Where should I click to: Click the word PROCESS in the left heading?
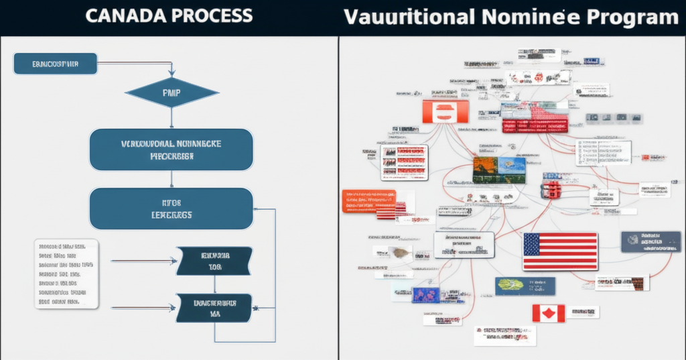coord(207,17)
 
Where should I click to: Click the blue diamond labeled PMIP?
coord(171,93)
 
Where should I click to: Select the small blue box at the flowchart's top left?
coord(55,64)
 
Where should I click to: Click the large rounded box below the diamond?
coord(171,149)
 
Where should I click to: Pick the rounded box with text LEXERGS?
coord(171,208)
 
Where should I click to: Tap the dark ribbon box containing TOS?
coord(214,261)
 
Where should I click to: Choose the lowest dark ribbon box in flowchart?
coord(214,308)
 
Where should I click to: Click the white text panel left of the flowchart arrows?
coord(66,274)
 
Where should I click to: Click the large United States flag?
coord(560,251)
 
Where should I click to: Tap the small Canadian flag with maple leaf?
coord(548,312)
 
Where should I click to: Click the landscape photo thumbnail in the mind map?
coord(499,170)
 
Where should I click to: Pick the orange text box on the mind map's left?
coord(368,200)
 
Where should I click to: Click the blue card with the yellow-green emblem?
coord(525,286)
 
